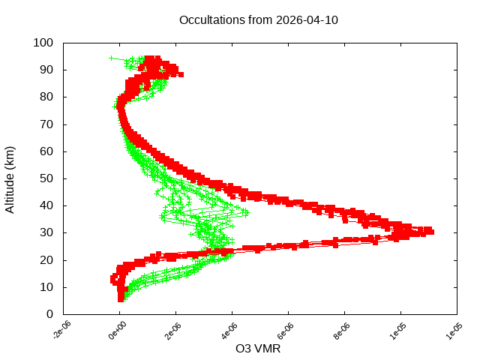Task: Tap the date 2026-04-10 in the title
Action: pyautogui.click(x=306, y=20)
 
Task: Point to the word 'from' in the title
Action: pyautogui.click(x=259, y=20)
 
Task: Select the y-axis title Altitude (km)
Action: pyautogui.click(x=10, y=178)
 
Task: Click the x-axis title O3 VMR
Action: pyautogui.click(x=259, y=349)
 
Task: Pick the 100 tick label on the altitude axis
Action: pyautogui.click(x=43, y=43)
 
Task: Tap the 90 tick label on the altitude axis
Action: pyautogui.click(x=46, y=70)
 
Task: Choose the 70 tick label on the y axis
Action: pyautogui.click(x=46, y=124)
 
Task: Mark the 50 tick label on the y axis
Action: pyautogui.click(x=46, y=178)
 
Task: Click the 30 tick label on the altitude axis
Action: pyautogui.click(x=46, y=232)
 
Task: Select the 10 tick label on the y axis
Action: pyautogui.click(x=46, y=287)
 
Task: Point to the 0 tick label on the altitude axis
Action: pyautogui.click(x=49, y=314)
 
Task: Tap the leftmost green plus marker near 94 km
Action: pyautogui.click(x=112, y=58)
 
